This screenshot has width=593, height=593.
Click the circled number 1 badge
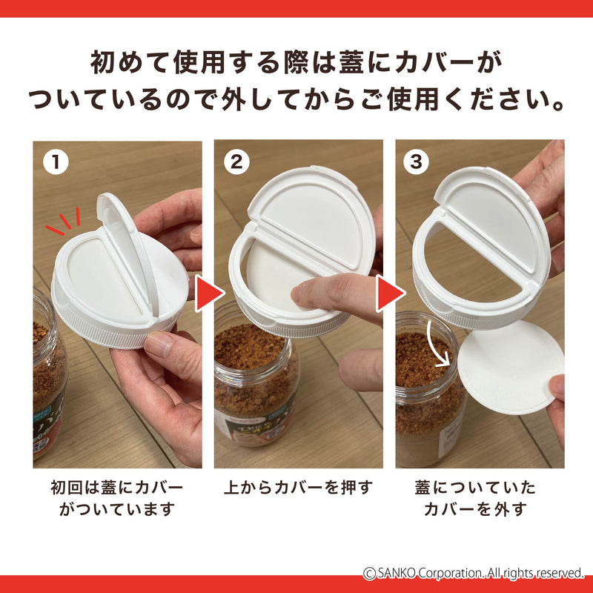pos(56,162)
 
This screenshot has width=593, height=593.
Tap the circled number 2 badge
pos(236,162)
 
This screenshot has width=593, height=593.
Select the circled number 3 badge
pos(416,162)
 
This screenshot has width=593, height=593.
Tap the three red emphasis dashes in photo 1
pos(65,221)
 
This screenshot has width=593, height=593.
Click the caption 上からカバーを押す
pos(299,487)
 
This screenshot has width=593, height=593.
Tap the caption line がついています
pos(117,509)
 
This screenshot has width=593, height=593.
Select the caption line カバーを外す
pos(475,509)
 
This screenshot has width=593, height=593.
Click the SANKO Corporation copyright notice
pos(474,573)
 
